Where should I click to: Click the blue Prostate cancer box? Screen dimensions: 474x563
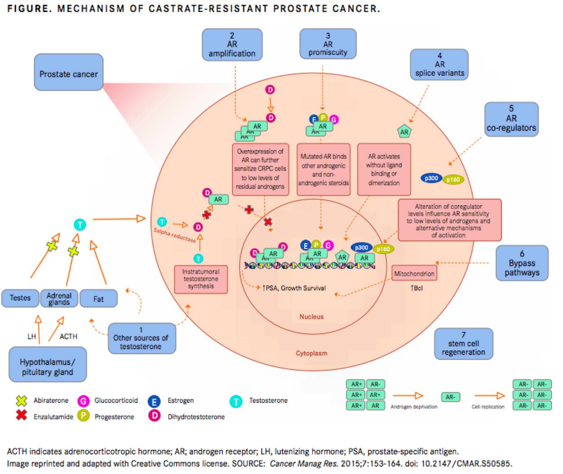[69, 73]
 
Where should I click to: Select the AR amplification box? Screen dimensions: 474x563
[232, 45]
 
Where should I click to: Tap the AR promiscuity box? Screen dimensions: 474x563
[328, 44]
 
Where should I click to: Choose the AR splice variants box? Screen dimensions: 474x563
[439, 65]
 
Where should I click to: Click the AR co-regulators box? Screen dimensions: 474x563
[511, 119]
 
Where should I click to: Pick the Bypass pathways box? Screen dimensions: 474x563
[522, 263]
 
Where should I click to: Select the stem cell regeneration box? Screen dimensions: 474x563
[463, 344]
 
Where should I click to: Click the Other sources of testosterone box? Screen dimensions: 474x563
[141, 338]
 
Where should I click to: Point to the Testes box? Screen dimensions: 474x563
[20, 298]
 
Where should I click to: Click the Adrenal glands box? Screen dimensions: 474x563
[59, 298]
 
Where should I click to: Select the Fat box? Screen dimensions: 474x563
[98, 299]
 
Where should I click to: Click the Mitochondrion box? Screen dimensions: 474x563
[414, 274]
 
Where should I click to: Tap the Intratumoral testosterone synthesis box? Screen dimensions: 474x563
[201, 279]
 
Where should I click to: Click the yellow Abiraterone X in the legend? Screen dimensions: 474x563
[21, 400]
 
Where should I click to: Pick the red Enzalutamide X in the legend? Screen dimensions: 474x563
[21, 415]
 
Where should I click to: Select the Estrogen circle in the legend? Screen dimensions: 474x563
[154, 401]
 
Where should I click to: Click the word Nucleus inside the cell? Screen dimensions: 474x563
[311, 317]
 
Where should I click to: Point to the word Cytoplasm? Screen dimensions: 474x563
[311, 353]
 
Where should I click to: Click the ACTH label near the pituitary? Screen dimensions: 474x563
[69, 336]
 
